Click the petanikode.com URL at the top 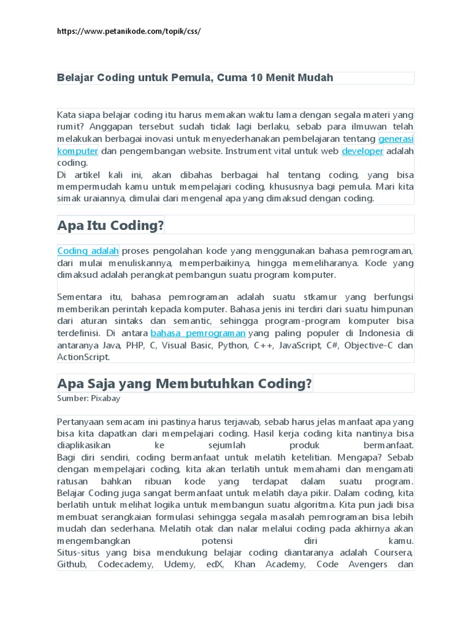(129, 31)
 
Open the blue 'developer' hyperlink (362, 150)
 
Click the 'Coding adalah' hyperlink (88, 251)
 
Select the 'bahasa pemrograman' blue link (198, 333)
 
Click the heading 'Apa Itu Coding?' (111, 225)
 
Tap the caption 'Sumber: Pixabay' (89, 398)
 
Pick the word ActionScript (83, 357)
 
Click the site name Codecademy (126, 564)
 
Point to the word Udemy (180, 564)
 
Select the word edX (215, 564)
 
